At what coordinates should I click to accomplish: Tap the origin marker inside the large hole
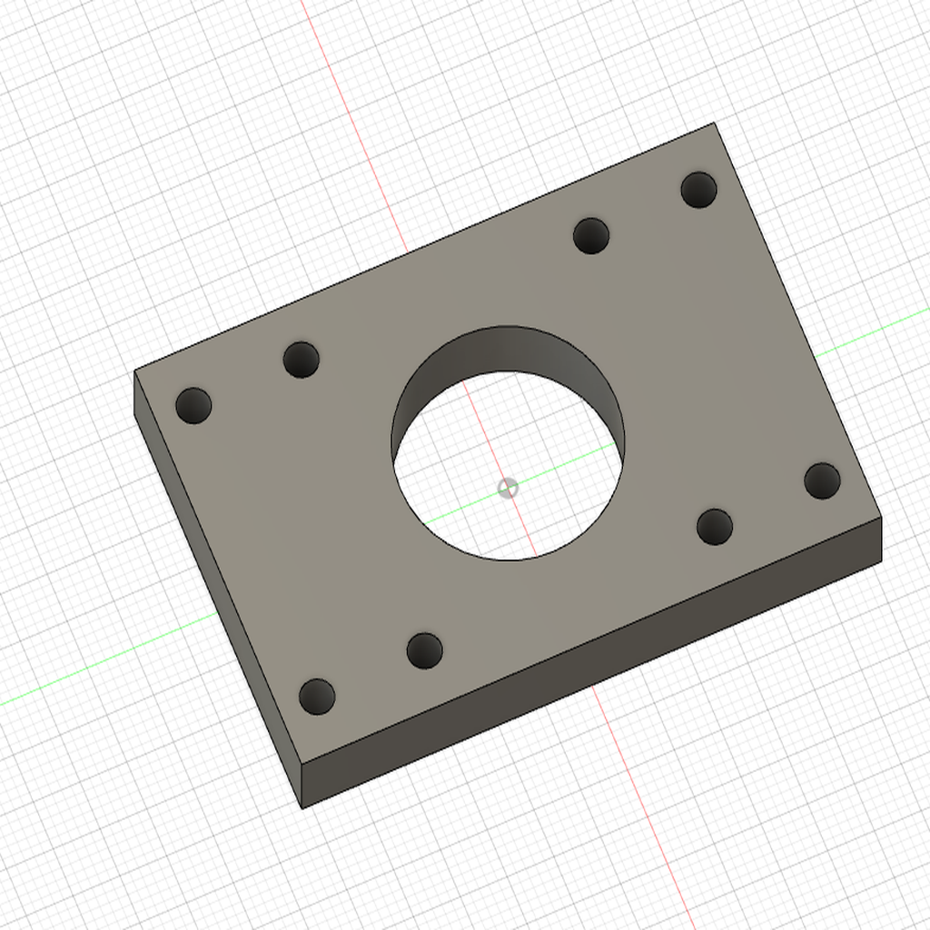[x=509, y=488]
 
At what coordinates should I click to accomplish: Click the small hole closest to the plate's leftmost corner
[x=193, y=405]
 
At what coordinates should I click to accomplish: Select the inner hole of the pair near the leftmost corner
[x=301, y=360]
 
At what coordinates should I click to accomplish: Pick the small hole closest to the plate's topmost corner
[x=698, y=190]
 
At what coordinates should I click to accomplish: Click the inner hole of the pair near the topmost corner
[x=591, y=236]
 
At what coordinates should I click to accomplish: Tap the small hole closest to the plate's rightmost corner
[x=822, y=480]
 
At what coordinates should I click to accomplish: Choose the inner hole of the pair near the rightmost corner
[x=715, y=527]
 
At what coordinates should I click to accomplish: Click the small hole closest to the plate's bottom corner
[x=317, y=697]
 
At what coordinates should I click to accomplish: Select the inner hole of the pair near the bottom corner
[x=424, y=650]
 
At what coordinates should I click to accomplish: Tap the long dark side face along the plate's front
[x=590, y=663]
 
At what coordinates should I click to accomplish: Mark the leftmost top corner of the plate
[x=134, y=371]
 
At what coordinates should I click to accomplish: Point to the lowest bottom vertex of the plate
[x=302, y=807]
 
